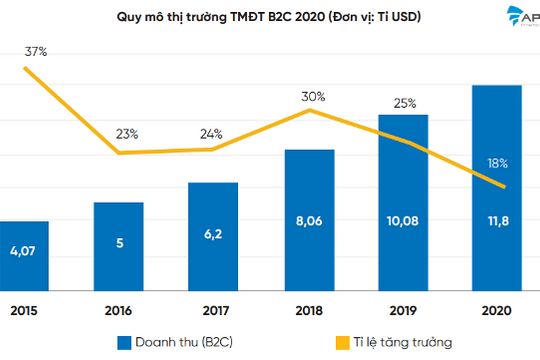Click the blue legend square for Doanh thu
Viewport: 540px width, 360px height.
click(x=126, y=341)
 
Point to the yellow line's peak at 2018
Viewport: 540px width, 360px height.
click(x=311, y=110)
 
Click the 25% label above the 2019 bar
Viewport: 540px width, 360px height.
click(x=404, y=103)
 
